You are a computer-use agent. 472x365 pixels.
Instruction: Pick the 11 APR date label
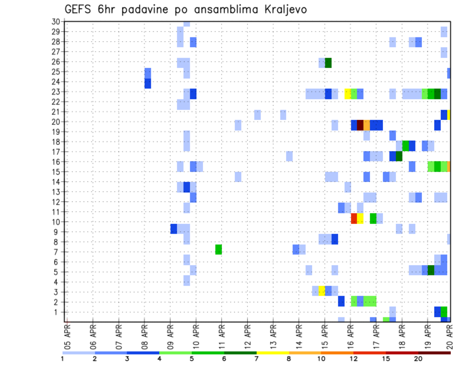[221, 336]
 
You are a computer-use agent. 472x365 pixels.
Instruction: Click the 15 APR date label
[324, 336]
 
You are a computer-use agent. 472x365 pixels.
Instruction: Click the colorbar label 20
[418, 359]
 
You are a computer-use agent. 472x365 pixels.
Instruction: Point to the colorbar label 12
[354, 359]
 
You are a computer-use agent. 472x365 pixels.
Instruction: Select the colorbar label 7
[256, 359]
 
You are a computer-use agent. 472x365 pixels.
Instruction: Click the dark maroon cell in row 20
[360, 125]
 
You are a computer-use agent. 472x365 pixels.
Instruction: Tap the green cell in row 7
[218, 249]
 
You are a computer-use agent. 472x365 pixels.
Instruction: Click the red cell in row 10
[354, 218]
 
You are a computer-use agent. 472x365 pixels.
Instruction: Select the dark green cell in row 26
[328, 62]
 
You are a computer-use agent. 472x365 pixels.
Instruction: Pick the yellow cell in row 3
[322, 291]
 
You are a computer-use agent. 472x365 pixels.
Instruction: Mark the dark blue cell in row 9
[174, 229]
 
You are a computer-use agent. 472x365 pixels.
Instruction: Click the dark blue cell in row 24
[147, 84]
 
